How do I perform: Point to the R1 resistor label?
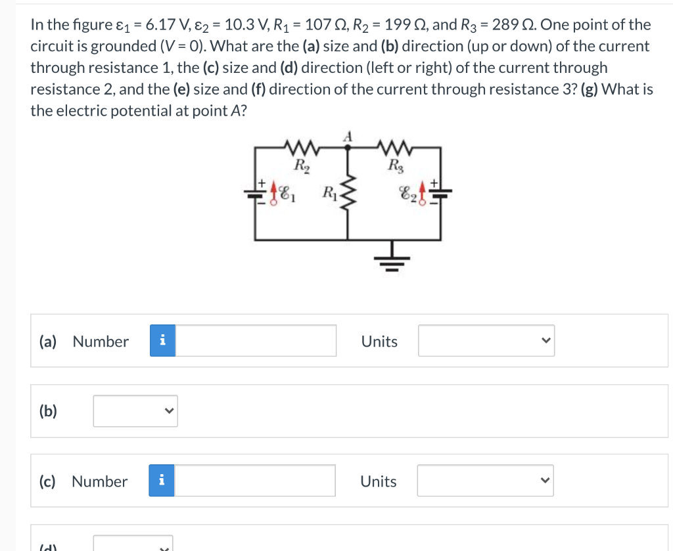pos(329,193)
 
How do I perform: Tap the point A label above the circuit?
pos(349,137)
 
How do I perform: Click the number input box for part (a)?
pos(256,341)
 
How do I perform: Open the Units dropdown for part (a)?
pos(486,341)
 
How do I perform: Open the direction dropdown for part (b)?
pos(135,411)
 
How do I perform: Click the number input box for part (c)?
pos(255,481)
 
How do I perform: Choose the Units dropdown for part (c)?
pos(486,481)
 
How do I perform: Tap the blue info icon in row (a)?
pos(163,341)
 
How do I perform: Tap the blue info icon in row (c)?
pos(162,481)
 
